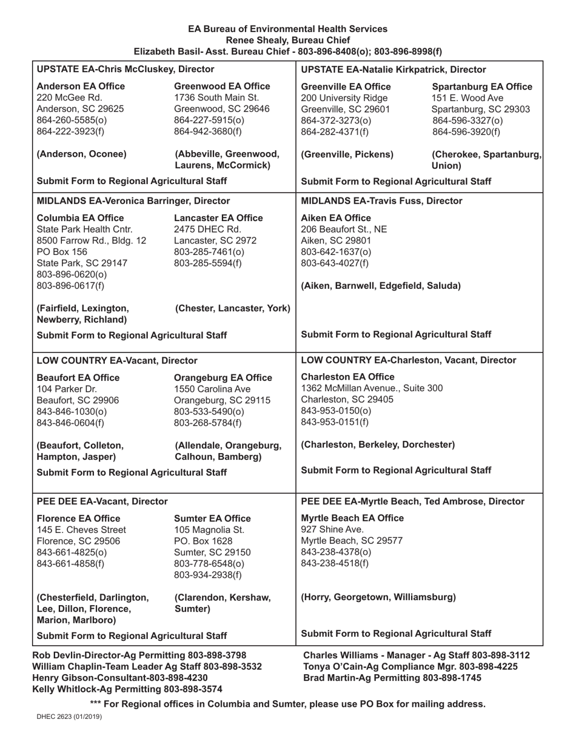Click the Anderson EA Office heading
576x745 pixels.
pos(81,85)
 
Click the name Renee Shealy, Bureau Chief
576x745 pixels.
pos(287,40)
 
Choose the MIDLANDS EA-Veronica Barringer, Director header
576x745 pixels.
pos(133,200)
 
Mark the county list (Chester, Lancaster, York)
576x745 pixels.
pos(232,308)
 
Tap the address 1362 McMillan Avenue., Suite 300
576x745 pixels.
pos(372,388)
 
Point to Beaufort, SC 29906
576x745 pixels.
pos(78,400)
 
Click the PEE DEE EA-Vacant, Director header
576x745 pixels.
pos(102,502)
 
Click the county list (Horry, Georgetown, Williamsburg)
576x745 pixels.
pos(378,598)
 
